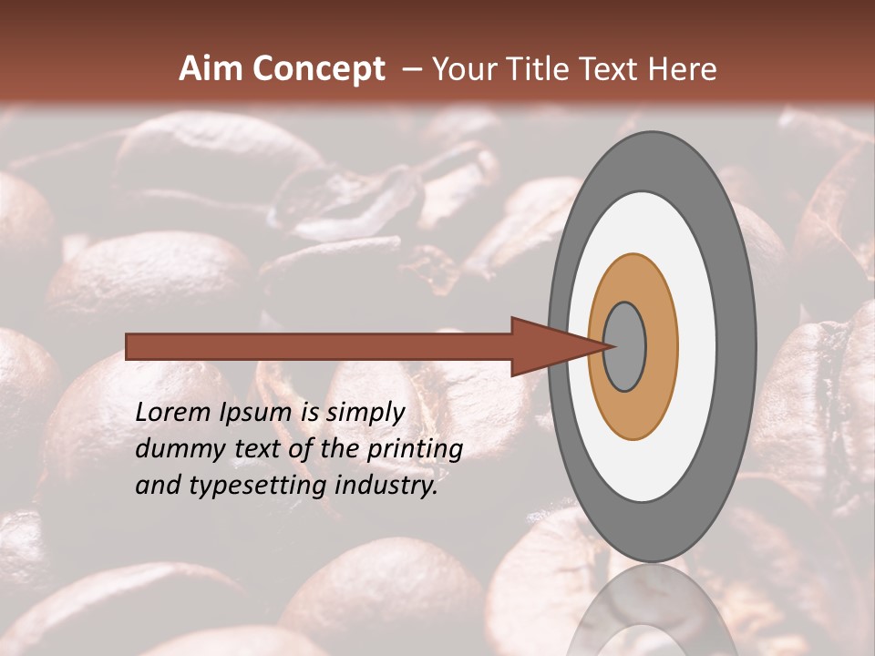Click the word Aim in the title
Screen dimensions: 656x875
212,69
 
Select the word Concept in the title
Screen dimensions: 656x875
319,69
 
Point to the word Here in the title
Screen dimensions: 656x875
684,69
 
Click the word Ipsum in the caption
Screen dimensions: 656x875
255,414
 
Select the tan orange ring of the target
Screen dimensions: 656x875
661,346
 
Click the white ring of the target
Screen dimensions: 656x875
697,346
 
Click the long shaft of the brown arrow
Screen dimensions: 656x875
319,346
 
